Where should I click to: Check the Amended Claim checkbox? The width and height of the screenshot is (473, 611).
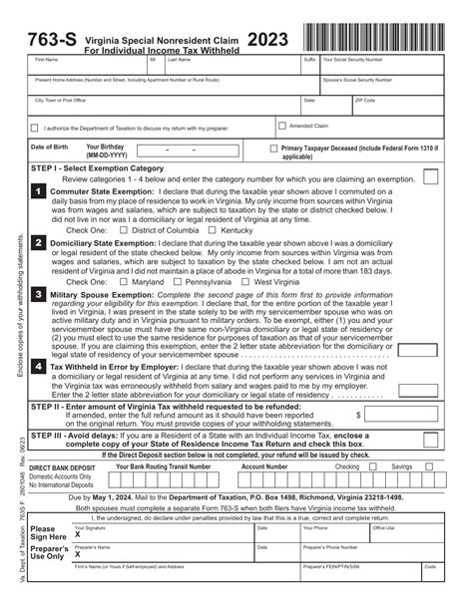280,127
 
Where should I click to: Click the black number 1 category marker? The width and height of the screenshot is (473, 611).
38,191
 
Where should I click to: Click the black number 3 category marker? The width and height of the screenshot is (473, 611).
38,296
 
